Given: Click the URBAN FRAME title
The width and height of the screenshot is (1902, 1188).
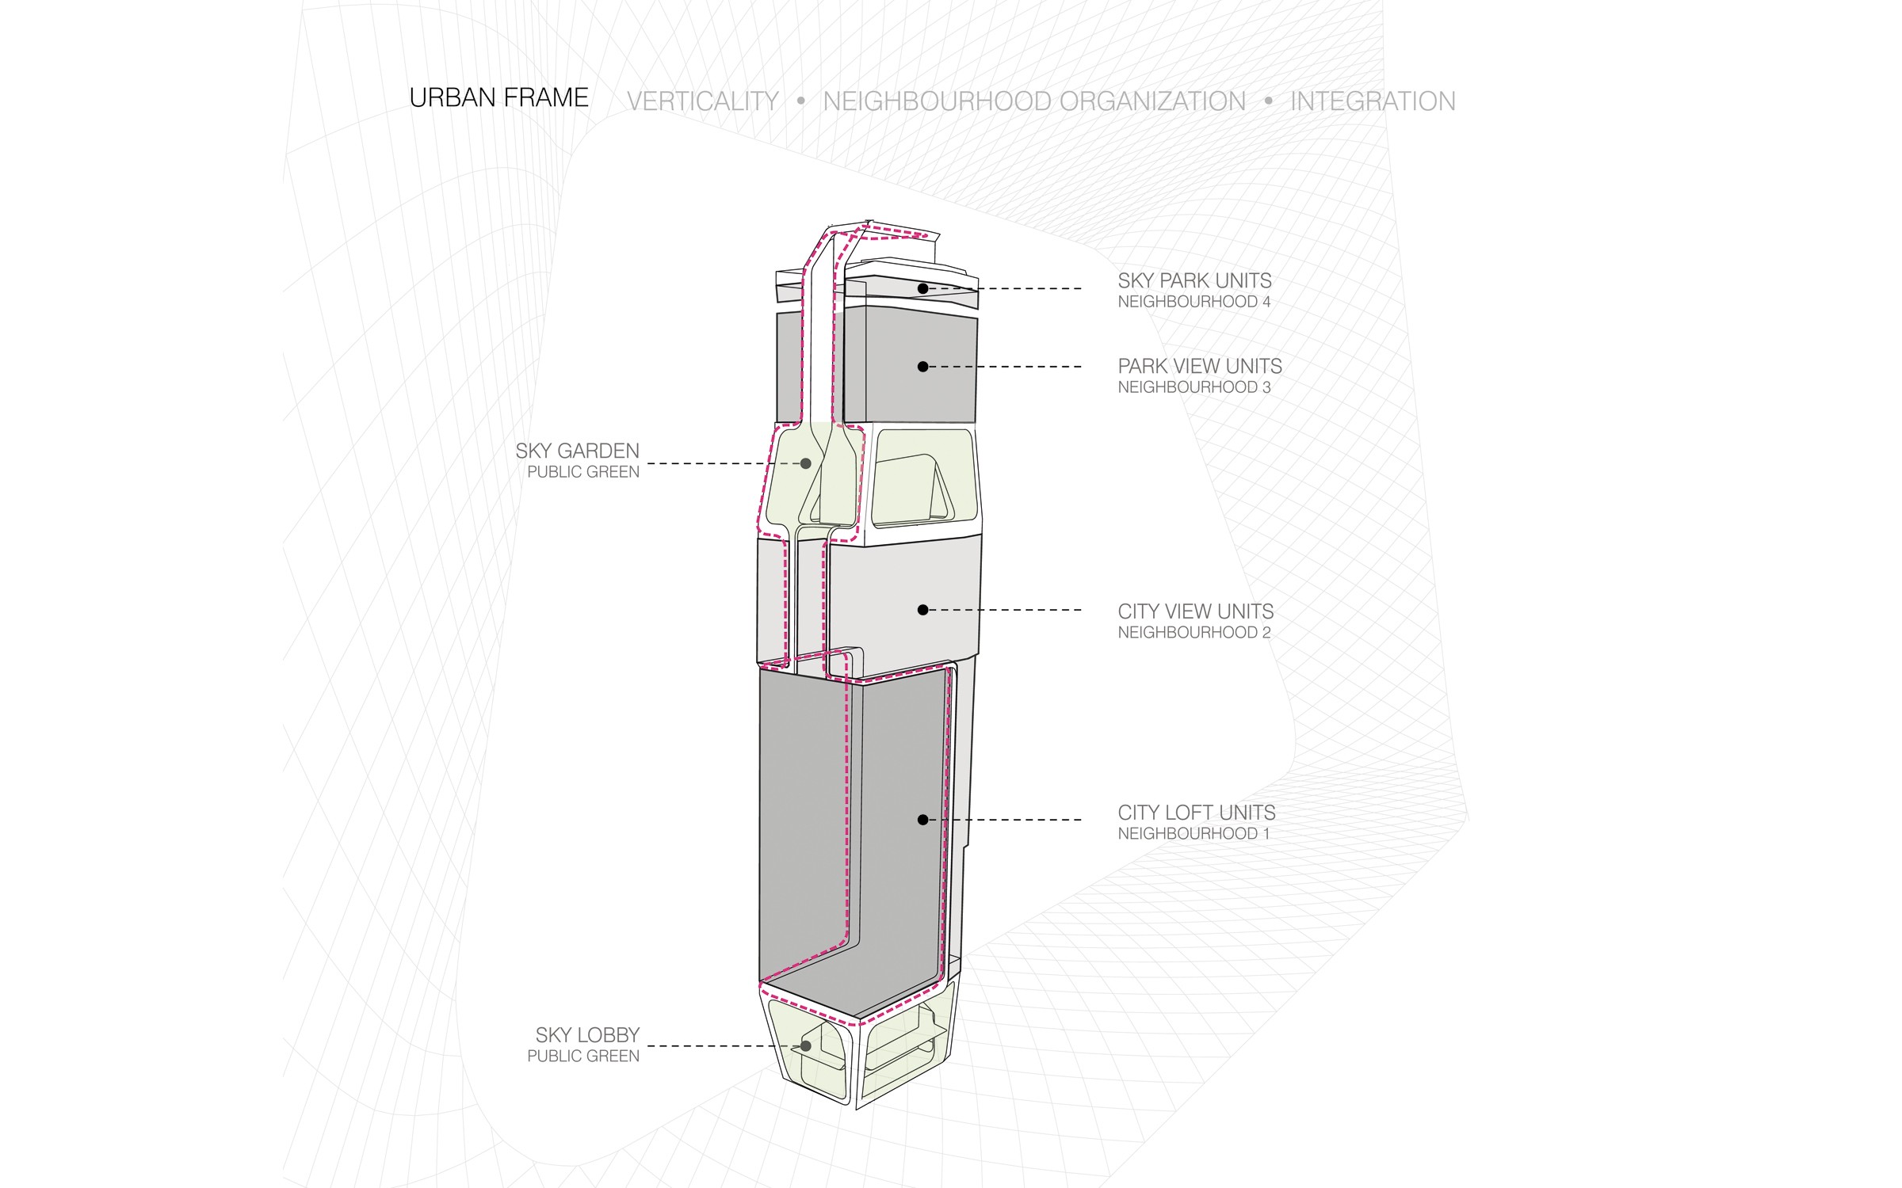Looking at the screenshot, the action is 498,97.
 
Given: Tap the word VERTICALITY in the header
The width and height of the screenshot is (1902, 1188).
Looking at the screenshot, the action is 702,101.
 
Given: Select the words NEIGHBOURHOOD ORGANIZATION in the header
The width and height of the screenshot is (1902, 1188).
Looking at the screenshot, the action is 1034,101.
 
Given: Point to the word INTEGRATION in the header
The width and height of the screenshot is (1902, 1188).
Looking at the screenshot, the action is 1373,101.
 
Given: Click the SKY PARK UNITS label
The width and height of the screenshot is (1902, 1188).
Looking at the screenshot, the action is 1194,280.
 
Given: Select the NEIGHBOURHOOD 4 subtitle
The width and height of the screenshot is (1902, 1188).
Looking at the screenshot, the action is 1194,302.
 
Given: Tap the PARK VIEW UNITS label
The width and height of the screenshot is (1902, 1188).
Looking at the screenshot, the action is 1200,366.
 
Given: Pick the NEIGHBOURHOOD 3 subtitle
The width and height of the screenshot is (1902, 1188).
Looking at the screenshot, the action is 1194,387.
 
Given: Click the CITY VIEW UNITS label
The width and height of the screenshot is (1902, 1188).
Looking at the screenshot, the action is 1196,611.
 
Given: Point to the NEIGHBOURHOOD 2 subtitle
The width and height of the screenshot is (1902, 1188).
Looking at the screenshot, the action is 1194,633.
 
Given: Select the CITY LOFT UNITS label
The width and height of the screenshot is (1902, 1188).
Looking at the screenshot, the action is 1197,813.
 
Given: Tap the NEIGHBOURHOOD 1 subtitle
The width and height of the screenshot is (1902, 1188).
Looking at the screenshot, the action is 1194,834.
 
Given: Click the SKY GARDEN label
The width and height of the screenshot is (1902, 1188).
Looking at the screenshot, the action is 577,451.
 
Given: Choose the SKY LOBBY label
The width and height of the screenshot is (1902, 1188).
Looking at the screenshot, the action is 587,1035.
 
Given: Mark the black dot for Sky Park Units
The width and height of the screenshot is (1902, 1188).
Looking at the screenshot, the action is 922,289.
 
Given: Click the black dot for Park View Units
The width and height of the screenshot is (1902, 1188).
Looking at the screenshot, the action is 922,367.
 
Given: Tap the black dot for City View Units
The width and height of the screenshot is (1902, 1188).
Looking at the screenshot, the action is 922,610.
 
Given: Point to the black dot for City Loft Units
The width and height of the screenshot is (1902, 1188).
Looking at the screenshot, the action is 922,820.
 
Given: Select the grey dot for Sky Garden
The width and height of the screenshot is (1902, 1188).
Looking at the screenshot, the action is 805,463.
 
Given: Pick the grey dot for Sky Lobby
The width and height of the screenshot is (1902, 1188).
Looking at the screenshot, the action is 805,1046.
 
